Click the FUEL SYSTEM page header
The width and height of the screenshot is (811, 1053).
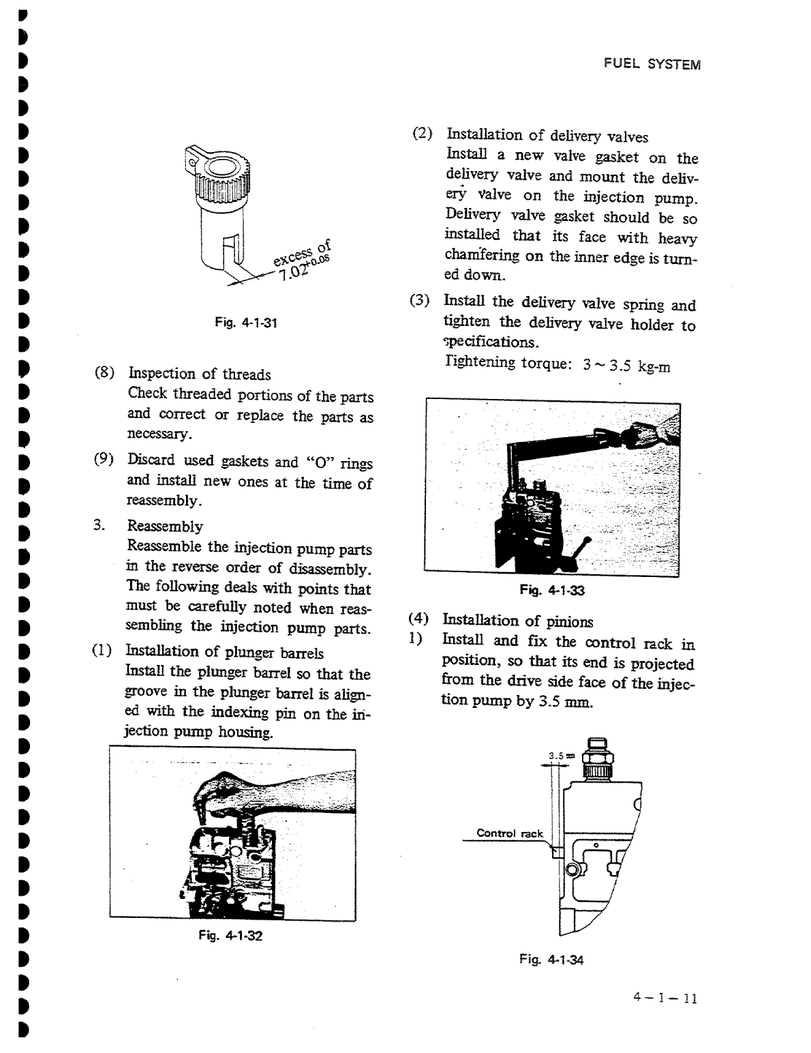point(652,65)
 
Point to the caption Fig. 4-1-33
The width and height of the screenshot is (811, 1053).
point(552,591)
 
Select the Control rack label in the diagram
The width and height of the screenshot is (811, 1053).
point(509,833)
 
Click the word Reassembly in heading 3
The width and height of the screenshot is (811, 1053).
point(165,526)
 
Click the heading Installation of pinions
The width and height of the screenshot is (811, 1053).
point(518,621)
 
